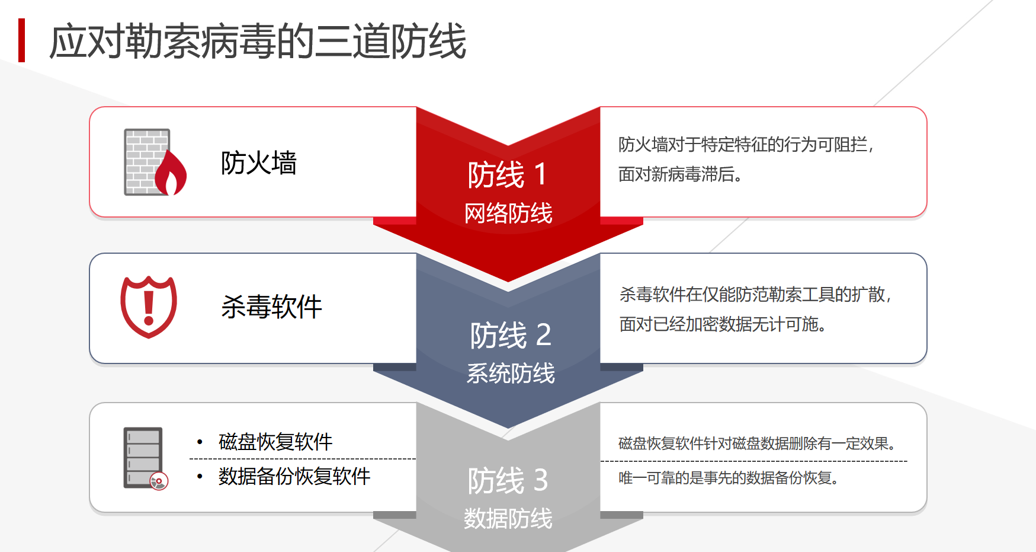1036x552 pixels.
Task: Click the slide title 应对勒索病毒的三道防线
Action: tap(258, 42)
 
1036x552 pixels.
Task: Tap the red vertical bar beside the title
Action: tap(22, 40)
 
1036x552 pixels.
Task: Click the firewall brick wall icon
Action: tap(147, 162)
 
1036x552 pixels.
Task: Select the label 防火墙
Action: tap(259, 163)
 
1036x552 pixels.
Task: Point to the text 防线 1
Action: tap(507, 175)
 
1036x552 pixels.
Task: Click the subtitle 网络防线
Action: tap(508, 213)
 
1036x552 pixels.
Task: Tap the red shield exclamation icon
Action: tap(149, 307)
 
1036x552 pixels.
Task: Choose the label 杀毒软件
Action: tap(271, 307)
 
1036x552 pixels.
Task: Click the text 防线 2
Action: tap(511, 336)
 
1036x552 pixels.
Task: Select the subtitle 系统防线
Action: tap(511, 374)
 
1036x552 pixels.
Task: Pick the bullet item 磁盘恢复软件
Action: tap(275, 442)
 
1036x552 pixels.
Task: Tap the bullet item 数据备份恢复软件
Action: tap(294, 476)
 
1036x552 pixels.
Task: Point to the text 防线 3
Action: tap(508, 481)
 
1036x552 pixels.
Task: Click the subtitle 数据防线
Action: tap(508, 519)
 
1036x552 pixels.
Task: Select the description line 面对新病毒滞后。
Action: tap(681, 174)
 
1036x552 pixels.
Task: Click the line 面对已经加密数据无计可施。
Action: tap(723, 324)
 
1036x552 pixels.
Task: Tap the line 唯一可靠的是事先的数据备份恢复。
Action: tap(729, 478)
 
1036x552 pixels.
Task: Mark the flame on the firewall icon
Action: tap(171, 173)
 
